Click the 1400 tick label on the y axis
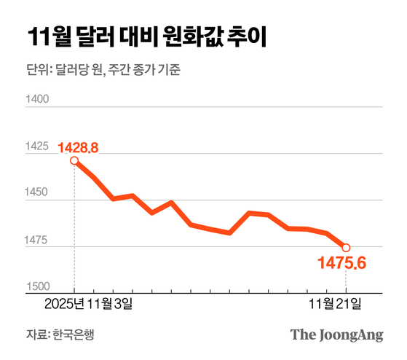[37, 100]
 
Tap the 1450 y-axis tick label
[37, 194]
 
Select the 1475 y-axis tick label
[37, 240]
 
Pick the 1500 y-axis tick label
[37, 287]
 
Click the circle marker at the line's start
[74, 161]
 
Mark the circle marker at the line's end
[346, 248]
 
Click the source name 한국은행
[74, 334]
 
